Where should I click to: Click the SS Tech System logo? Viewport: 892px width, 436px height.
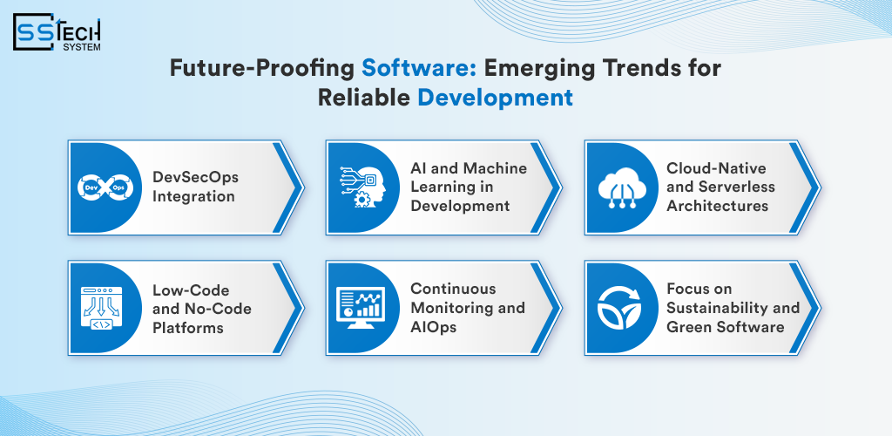coord(57,32)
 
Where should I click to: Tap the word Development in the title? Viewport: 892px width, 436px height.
coord(495,98)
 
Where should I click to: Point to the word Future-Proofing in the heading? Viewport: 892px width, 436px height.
coord(263,69)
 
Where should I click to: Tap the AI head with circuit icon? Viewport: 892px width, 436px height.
coord(362,187)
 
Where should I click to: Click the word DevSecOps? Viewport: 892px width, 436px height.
coord(195,177)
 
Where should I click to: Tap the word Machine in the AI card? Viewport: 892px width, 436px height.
coord(495,168)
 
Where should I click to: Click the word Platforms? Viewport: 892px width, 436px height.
coord(188,328)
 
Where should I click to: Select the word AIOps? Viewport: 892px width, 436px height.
coord(434,326)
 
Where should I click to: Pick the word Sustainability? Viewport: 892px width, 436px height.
coord(718,308)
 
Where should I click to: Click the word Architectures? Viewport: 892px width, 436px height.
coord(718,206)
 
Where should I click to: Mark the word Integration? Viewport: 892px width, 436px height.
coord(193,196)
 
